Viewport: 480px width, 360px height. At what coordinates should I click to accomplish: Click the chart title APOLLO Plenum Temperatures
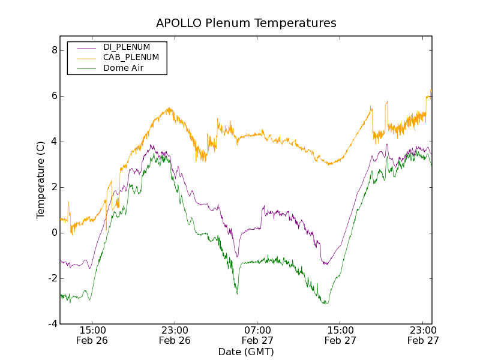[246, 23]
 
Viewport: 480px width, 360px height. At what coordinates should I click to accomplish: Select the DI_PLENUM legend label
[127, 47]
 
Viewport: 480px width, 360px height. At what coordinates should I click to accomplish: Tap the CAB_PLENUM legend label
[131, 58]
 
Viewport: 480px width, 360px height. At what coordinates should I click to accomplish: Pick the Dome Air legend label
[123, 68]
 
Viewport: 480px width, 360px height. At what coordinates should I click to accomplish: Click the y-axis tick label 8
[54, 50]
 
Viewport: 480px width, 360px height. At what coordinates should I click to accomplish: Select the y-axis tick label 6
[54, 96]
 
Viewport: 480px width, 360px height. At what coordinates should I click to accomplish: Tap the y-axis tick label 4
[54, 142]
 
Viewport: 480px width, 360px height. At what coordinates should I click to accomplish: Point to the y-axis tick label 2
[54, 187]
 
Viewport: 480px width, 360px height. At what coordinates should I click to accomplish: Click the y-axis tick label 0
[54, 233]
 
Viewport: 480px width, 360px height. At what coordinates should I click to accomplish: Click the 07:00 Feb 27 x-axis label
[257, 335]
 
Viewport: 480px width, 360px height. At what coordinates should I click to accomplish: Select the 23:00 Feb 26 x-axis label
[175, 335]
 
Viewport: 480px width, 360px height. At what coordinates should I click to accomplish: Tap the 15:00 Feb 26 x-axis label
[92, 335]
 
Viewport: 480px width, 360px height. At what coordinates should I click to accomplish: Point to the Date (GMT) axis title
[246, 352]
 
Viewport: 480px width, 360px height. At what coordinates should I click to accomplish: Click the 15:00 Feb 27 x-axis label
[340, 335]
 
